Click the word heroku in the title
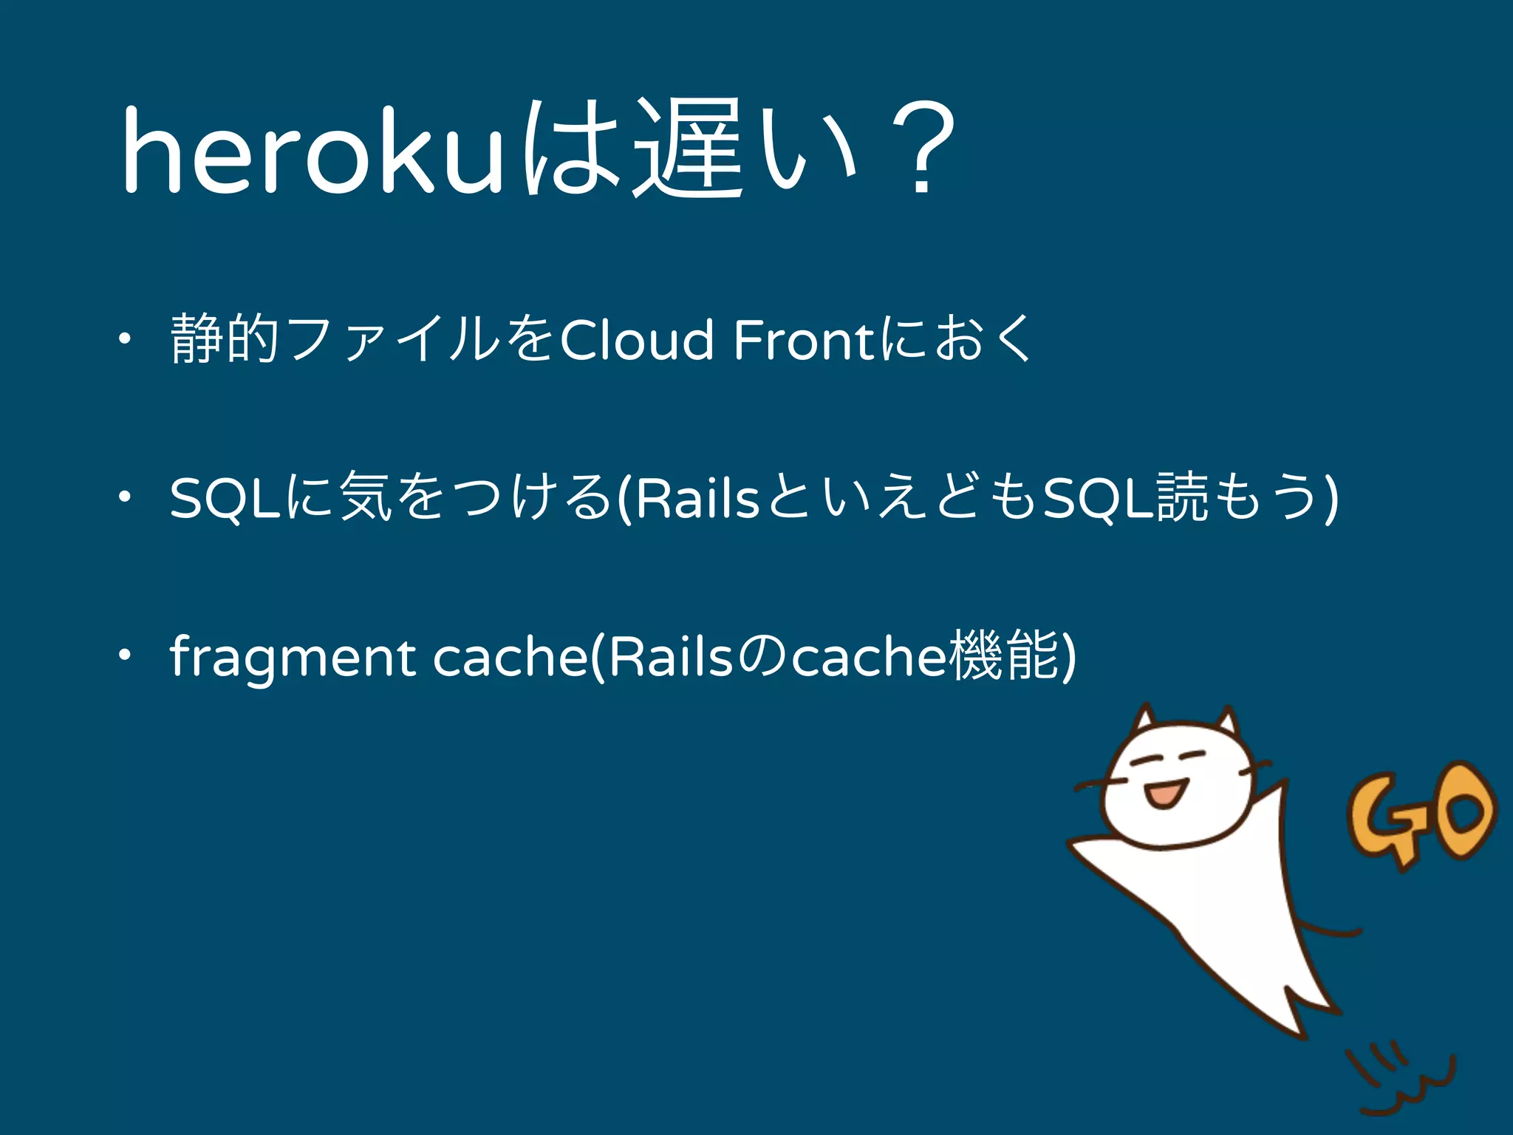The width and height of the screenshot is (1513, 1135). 310,151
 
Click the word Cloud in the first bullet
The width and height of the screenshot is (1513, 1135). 637,341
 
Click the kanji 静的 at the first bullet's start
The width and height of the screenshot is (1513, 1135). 225,339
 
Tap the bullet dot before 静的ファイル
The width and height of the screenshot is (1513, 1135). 126,340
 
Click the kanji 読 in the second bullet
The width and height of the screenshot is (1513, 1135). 1183,497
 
